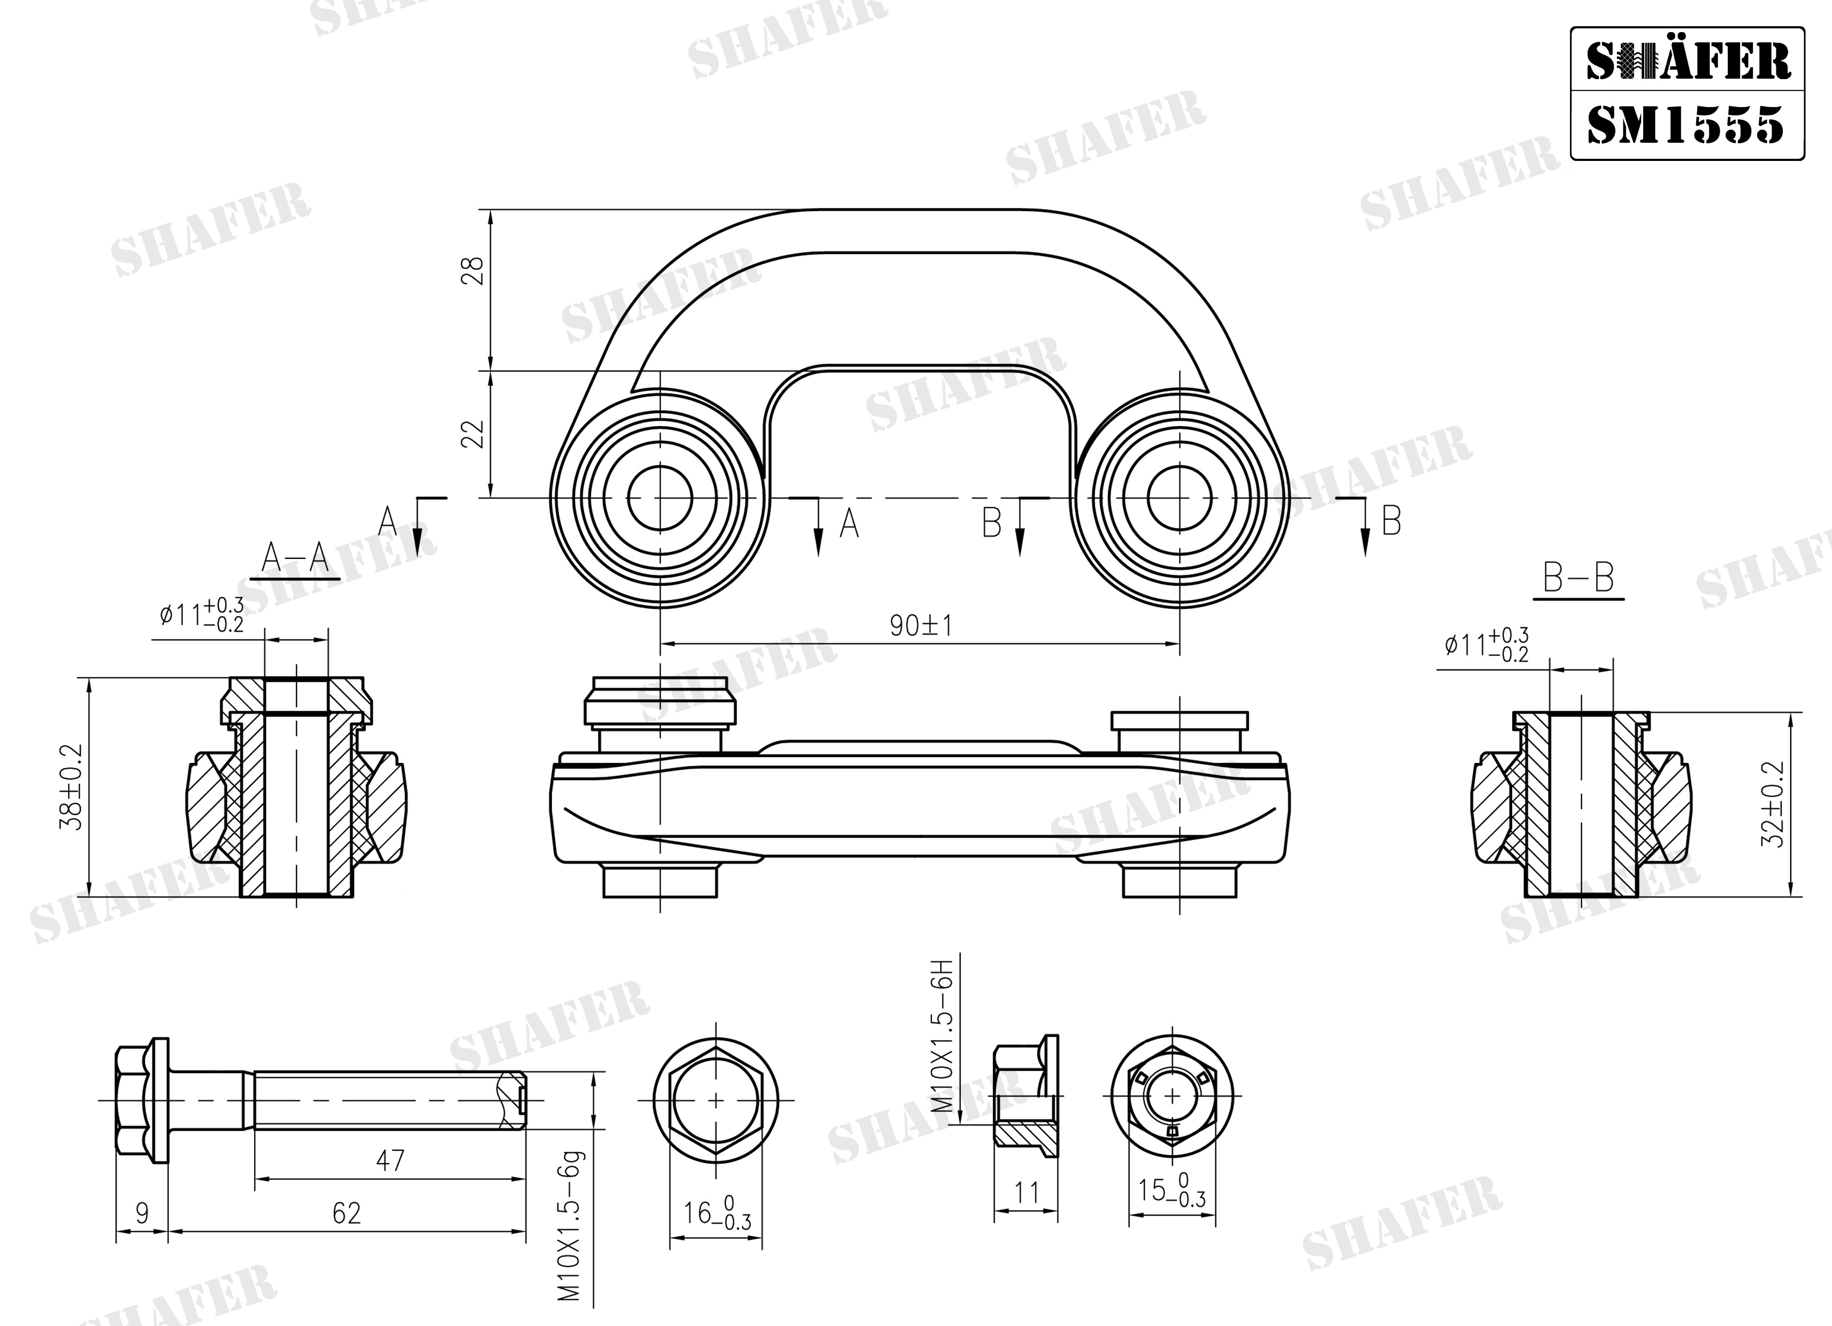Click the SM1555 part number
pos(1686,125)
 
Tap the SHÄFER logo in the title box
pos(1688,62)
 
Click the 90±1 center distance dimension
pos(921,626)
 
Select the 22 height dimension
pos(475,434)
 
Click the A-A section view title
pos(296,557)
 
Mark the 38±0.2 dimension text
pos(72,788)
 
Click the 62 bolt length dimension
pos(347,1214)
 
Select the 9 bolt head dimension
pos(142,1214)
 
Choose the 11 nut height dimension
pos(1026,1192)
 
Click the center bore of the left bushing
pos(660,498)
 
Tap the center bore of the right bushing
pos(1179,498)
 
